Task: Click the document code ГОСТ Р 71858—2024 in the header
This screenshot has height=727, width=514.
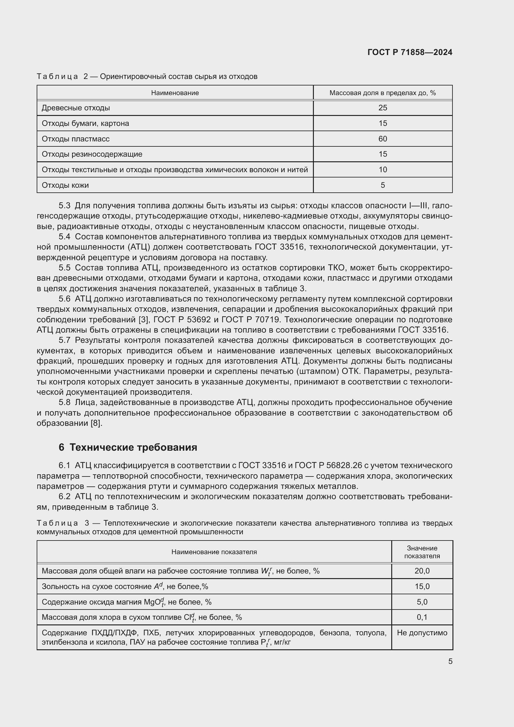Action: tap(410, 52)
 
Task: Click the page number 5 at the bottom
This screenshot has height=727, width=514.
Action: tap(450, 661)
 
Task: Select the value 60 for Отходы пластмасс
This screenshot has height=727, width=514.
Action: tap(383, 139)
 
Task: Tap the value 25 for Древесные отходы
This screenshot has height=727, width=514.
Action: tap(383, 108)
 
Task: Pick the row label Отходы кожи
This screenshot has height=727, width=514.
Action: tap(65, 185)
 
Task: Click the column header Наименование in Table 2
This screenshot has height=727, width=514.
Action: tap(175, 93)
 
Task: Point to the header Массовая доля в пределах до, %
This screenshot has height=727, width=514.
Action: tap(382, 93)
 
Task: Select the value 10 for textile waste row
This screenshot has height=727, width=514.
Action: tap(383, 170)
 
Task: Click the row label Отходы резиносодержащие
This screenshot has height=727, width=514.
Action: tap(92, 154)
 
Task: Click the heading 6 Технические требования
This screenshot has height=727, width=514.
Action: tap(128, 447)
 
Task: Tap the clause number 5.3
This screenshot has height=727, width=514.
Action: tap(64, 206)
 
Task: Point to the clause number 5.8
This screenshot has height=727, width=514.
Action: tap(64, 403)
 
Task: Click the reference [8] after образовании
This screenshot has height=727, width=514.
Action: tap(97, 423)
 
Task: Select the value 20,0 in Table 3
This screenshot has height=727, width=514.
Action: tap(422, 571)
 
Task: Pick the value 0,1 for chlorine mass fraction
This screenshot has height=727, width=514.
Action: tap(422, 617)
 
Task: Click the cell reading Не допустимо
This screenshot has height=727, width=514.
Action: tap(422, 633)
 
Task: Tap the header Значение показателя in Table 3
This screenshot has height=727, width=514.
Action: tap(422, 552)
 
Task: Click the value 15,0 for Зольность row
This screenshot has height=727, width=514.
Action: tap(422, 587)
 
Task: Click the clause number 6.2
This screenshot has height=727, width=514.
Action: tap(64, 496)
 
